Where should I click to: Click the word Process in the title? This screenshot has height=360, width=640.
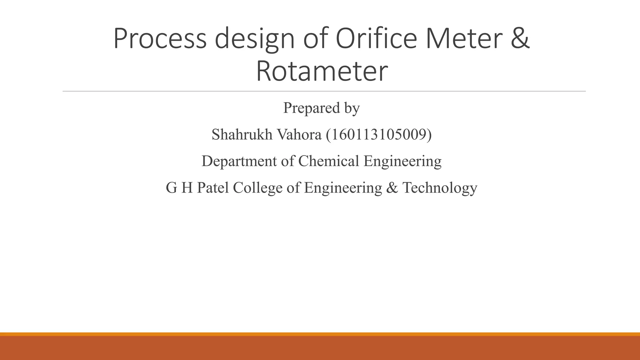click(160, 39)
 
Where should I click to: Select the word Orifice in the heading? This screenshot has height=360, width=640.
click(376, 39)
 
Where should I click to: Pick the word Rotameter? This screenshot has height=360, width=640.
click(322, 72)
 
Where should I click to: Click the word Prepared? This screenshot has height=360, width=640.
click(311, 108)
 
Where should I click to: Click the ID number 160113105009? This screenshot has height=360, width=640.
click(379, 135)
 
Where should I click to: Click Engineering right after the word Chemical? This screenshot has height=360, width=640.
click(402, 161)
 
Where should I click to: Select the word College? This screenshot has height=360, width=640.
click(257, 188)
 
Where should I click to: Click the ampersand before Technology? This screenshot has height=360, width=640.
click(392, 188)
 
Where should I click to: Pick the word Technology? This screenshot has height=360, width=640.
click(440, 188)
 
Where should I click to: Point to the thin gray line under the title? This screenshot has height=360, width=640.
click(324, 91)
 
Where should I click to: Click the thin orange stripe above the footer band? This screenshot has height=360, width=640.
click(320, 334)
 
